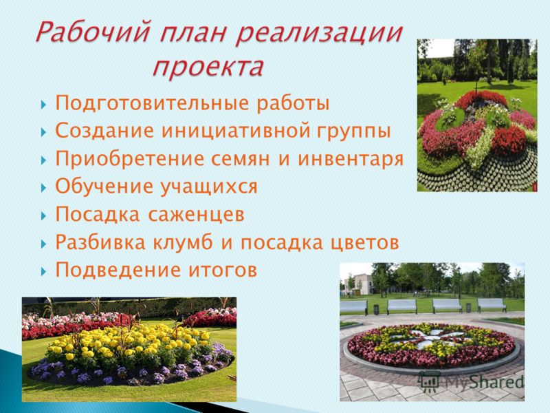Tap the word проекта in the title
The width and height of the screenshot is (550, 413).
208,67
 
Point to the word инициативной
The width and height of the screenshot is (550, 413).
236,131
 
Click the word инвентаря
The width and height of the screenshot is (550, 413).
351,159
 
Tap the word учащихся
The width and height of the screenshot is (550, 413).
209,187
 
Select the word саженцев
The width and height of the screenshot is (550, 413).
196,215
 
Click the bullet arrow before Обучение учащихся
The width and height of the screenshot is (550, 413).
43,187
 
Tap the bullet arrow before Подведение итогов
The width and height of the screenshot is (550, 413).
43,271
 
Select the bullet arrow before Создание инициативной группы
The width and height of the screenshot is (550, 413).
43,132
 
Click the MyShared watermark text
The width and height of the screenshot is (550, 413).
484,382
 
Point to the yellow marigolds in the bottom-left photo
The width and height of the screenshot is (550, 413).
130,342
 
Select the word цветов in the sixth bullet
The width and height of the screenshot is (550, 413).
364,243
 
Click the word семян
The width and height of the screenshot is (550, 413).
240,160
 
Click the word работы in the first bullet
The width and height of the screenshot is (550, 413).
293,104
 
